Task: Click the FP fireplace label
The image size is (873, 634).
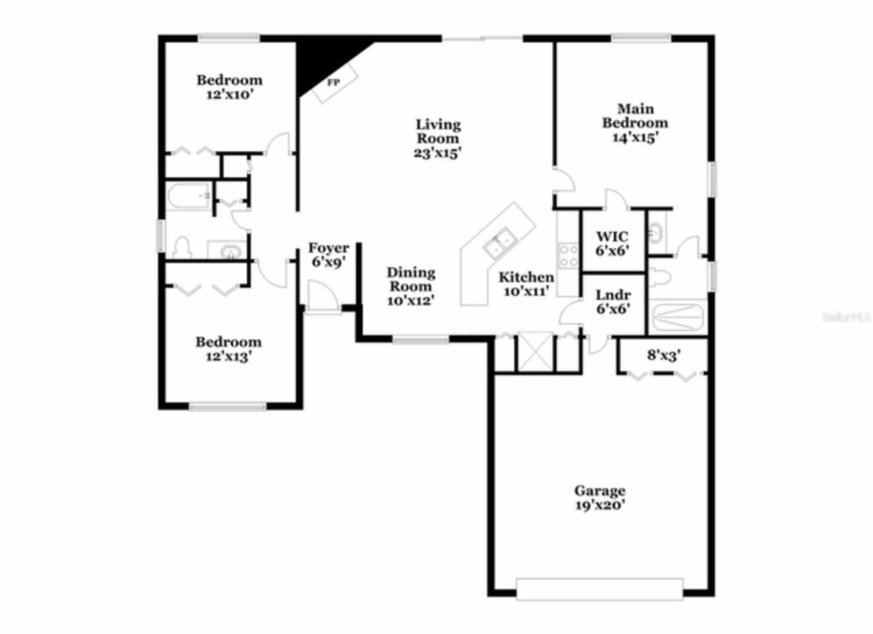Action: pos(334,82)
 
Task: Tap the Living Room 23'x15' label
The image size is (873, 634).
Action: pos(438,138)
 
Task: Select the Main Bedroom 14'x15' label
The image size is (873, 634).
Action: pos(635,123)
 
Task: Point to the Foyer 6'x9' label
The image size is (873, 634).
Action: pos(329,255)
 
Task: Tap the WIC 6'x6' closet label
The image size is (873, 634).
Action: pos(612,243)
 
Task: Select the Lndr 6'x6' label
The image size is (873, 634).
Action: pos(612,301)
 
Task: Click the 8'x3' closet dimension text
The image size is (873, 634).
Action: pos(662,355)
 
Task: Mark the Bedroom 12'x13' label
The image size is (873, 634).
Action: pos(228,348)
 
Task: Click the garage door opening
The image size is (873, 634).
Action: pos(599,589)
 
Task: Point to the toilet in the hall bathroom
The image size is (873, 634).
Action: pos(181,247)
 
